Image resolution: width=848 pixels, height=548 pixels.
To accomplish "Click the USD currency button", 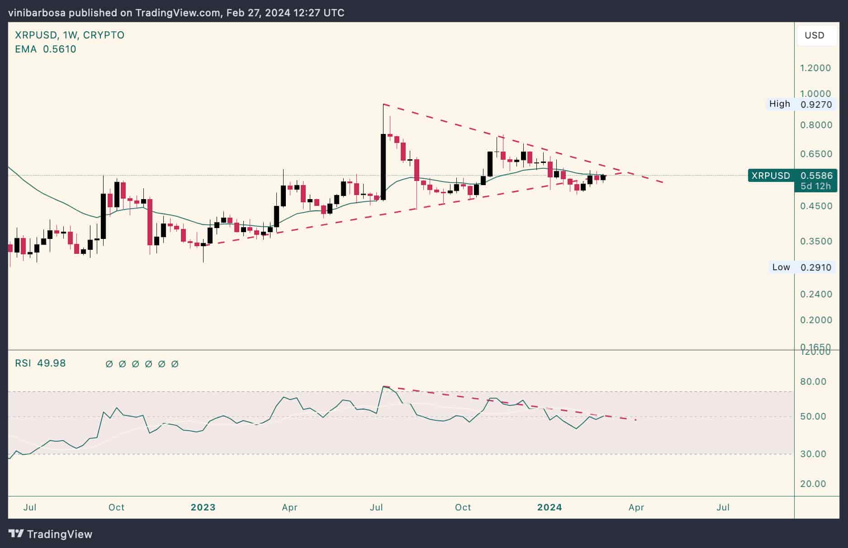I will pos(814,35).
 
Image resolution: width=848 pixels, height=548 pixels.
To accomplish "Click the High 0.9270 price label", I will pos(800,104).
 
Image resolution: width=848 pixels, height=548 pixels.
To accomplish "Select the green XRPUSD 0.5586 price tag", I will pos(792,176).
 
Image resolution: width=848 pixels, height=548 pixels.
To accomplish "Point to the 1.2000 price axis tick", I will pos(815,68).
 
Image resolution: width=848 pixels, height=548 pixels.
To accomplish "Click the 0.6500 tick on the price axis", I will pos(815,154).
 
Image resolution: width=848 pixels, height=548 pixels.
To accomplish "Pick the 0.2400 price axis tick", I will pos(815,294).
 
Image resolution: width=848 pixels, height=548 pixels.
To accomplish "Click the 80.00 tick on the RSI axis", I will pos(813,381).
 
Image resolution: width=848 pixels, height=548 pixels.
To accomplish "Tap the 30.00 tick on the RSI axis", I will pos(813,454).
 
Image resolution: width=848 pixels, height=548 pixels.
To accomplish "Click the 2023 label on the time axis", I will pos(203,507).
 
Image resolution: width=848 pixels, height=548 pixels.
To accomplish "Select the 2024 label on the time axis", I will pos(550,507).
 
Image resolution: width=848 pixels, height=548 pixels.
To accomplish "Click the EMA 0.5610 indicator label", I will pos(45,49).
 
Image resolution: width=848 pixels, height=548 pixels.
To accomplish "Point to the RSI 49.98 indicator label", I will pos(40,363).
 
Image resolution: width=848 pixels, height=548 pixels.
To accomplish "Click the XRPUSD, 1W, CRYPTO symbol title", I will pos(70,35).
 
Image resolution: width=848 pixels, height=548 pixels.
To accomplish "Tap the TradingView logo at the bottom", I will pos(50,534).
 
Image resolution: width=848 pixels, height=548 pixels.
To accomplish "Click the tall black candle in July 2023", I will pos(384,167).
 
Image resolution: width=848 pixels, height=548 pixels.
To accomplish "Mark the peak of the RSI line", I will pos(384,386).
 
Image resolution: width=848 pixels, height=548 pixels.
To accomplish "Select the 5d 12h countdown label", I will pos(815,186).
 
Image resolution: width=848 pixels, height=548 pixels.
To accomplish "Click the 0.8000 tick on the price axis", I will pos(815,125).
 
